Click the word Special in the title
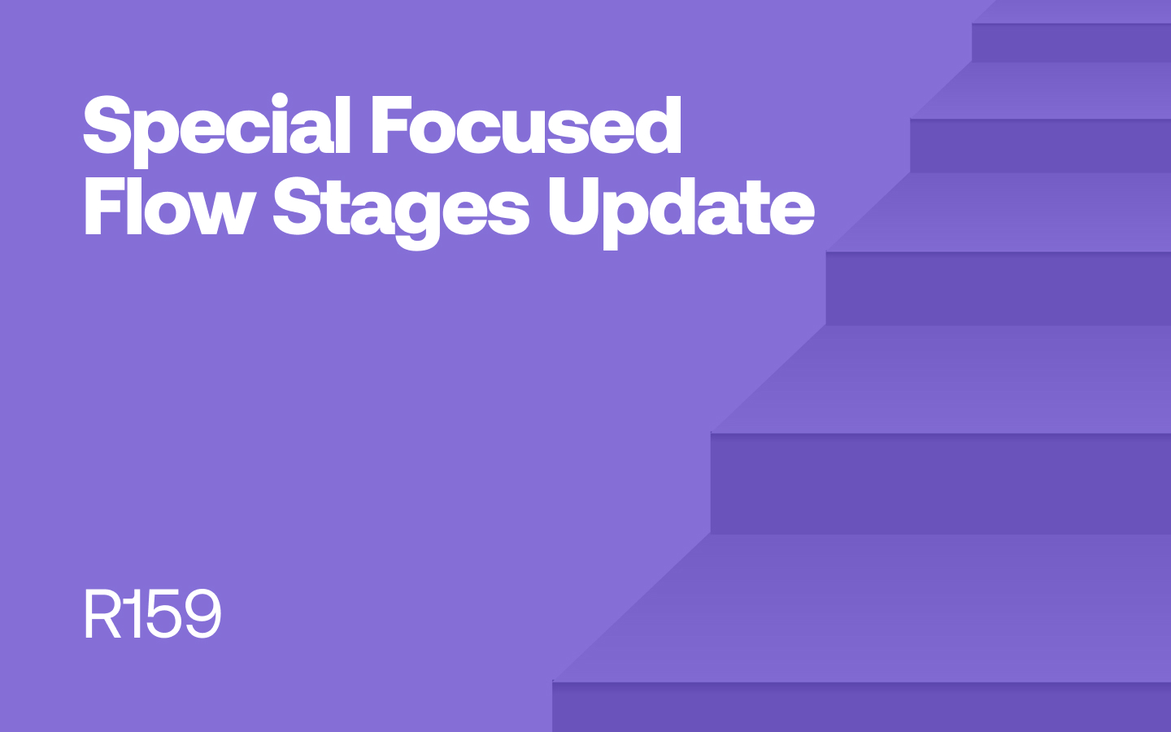[216, 131]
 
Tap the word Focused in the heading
[526, 125]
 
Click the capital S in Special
[107, 125]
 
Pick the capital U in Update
[573, 207]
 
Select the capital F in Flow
[105, 206]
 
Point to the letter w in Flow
[221, 213]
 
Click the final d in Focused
[655, 125]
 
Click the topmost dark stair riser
[1071, 42]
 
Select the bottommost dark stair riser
[861, 707]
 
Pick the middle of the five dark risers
[999, 289]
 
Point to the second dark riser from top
[1040, 146]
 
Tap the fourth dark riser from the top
[940, 483]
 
